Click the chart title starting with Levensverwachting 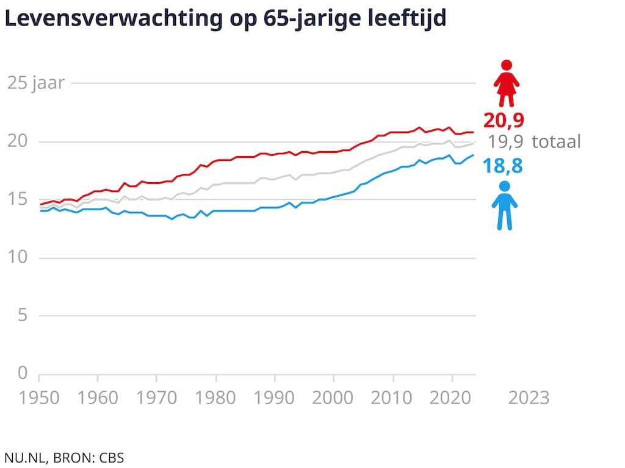pyautogui.click(x=225, y=18)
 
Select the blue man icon pyautogui.click(x=504, y=205)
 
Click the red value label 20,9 pyautogui.click(x=504, y=119)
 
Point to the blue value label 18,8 pyautogui.click(x=504, y=165)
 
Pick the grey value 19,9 pyautogui.click(x=505, y=143)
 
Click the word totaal pyautogui.click(x=556, y=143)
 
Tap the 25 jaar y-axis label pyautogui.click(x=35, y=83)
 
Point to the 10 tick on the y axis pyautogui.click(x=18, y=258)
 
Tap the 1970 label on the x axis pyautogui.click(x=156, y=398)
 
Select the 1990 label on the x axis pyautogui.click(x=275, y=398)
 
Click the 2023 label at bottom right pyautogui.click(x=529, y=398)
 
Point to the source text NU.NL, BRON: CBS pyautogui.click(x=64, y=457)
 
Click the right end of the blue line pyautogui.click(x=473, y=155)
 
